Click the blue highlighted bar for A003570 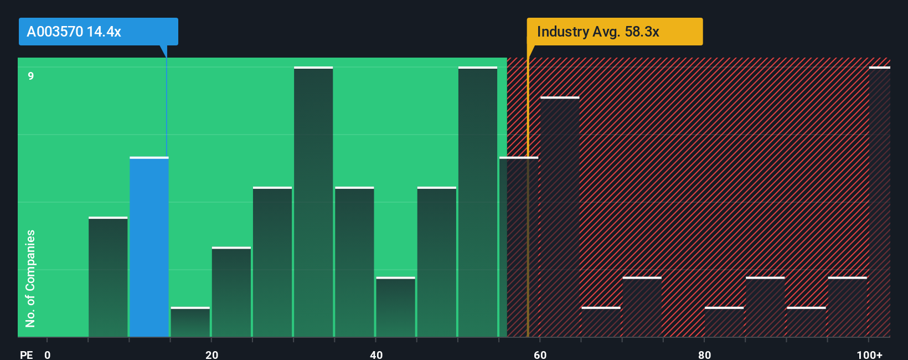pos(149,247)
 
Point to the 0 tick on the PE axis pos(48,354)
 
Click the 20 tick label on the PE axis pos(211,354)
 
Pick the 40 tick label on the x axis pos(376,354)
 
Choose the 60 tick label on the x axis pos(540,354)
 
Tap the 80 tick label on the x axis pos(704,354)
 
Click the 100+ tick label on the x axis pos(869,354)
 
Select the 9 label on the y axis pos(31,76)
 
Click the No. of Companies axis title pos(30,278)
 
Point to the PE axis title pos(26,354)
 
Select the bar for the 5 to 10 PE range pos(108,277)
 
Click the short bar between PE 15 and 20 pos(190,322)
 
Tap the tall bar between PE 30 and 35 pos(313,202)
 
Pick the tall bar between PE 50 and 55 pos(477,202)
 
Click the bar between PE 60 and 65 pos(560,217)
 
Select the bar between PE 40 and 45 pos(395,307)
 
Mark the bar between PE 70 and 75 pos(642,307)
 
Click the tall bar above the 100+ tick pos(879,202)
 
